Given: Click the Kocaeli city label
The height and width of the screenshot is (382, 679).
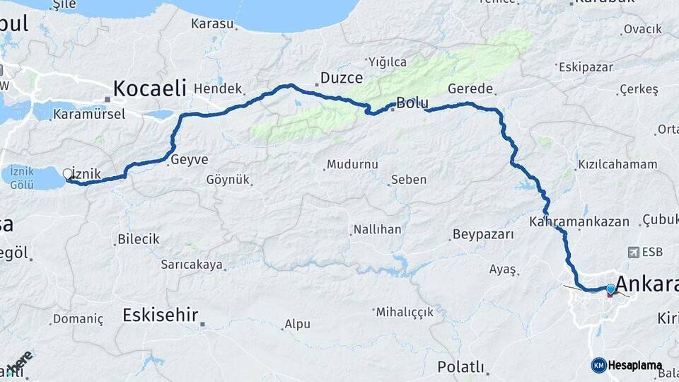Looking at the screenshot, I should (x=149, y=88).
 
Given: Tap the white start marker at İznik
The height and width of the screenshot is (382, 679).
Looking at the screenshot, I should (x=68, y=173).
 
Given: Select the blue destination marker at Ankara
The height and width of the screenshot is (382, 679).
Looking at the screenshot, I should (x=610, y=289).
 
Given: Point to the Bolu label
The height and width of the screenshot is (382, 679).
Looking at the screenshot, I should (x=412, y=103).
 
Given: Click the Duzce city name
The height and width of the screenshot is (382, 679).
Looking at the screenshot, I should (x=342, y=78).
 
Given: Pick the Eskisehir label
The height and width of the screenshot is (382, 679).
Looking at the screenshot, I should (x=160, y=315).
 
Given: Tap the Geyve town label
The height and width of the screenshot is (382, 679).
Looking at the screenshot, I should (x=190, y=160).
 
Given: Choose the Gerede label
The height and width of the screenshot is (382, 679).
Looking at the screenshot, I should (x=470, y=88).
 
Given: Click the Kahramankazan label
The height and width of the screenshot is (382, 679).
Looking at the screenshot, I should (x=579, y=221).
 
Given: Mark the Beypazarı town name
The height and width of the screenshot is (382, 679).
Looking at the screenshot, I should (x=483, y=234).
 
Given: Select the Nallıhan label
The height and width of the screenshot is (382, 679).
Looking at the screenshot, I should (x=376, y=230).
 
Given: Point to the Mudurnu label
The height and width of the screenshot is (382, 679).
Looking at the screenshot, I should (x=352, y=164).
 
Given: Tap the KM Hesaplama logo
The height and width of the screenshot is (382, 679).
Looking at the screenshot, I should (x=627, y=365).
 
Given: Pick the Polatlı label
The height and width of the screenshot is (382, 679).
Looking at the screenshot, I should (x=460, y=367).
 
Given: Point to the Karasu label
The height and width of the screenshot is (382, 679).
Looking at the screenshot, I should (x=212, y=23).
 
